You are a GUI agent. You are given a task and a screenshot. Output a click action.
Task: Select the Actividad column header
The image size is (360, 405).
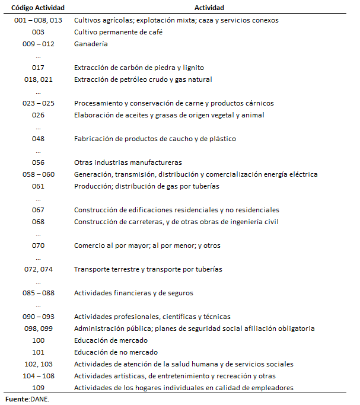point(209,8)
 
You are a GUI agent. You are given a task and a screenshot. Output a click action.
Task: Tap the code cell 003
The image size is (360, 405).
point(39,32)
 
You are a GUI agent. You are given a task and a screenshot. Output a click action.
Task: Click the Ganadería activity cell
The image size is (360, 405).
point(91,44)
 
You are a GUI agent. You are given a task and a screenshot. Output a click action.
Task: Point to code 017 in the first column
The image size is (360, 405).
point(39,68)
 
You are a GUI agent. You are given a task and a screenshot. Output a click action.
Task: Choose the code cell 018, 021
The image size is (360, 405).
point(39,79)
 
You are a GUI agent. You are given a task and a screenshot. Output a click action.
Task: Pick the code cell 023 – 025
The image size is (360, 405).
point(39,103)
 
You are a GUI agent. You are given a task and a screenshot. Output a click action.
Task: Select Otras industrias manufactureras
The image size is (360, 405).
point(128,162)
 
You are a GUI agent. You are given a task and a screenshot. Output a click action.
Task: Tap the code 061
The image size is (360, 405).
point(39,186)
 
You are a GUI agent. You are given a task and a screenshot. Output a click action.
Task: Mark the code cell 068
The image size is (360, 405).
point(39,222)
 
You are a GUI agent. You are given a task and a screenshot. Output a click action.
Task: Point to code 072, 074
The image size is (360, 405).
point(39,269)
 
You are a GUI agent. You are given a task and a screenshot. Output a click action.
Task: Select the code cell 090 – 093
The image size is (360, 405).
point(39,317)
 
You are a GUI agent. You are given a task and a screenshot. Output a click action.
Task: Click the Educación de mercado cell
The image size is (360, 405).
point(110,340)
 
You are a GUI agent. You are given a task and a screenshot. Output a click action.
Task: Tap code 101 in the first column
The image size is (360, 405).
point(39,352)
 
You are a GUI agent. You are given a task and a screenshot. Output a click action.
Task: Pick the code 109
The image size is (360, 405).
point(39,388)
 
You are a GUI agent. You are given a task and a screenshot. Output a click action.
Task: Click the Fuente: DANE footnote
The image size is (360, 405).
point(28,399)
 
